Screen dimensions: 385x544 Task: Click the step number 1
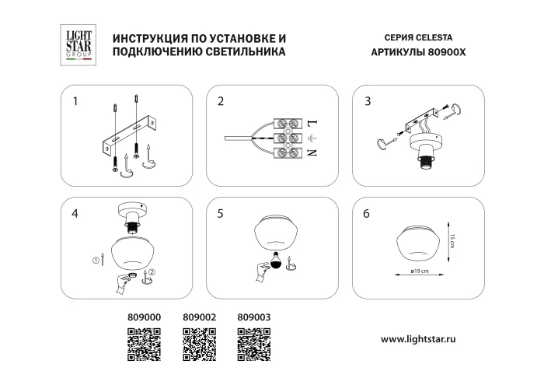coord(75,101)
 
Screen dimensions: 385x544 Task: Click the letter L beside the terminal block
coord(313,124)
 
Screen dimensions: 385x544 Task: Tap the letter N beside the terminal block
coord(313,153)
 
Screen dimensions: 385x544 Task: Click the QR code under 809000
coord(143,343)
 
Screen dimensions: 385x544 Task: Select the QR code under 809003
coord(253,343)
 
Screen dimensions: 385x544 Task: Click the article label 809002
coord(198,317)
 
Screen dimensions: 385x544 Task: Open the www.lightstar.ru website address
coord(430,339)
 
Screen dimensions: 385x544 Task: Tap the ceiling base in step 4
coord(131,212)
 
